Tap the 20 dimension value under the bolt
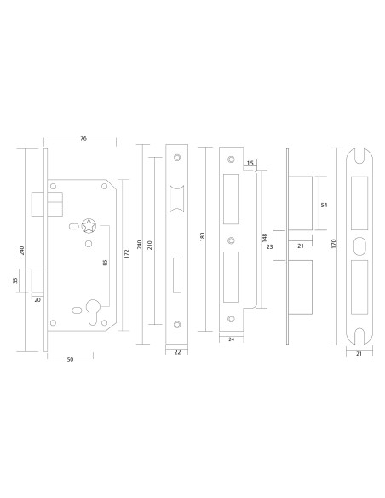(x=37, y=299)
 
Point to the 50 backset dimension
(x=70, y=360)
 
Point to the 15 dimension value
(x=250, y=162)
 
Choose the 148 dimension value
(x=265, y=236)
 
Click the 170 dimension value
(x=334, y=243)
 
